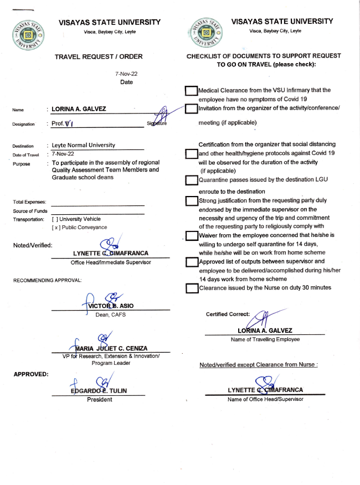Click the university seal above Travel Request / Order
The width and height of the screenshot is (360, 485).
coord(30,35)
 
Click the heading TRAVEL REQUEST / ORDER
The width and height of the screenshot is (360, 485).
coord(99,56)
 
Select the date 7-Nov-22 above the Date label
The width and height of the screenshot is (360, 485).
coord(126,74)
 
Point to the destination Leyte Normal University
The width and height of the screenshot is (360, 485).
coord(84,145)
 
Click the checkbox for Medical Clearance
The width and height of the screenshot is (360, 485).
coord(192,91)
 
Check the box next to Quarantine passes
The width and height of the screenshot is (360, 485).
coord(192,180)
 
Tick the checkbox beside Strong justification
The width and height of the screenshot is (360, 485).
coord(192,201)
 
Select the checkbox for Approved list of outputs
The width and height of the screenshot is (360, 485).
coord(192,262)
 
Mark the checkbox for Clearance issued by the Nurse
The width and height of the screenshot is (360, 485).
coord(192,288)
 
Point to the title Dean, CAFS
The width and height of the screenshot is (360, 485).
coord(110,314)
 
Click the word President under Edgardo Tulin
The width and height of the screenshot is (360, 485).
coord(99,399)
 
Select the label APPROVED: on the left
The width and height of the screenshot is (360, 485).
coord(30,374)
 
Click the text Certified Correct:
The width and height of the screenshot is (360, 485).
coord(228,314)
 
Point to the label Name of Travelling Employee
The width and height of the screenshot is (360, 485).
coord(265,339)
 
